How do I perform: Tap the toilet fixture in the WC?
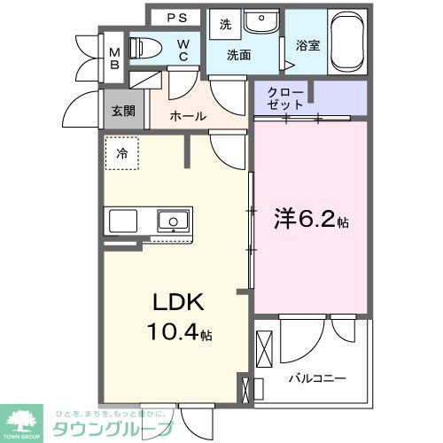pyautogui.click(x=144, y=49)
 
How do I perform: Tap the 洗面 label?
pyautogui.click(x=239, y=55)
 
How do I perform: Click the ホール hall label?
pyautogui.click(x=189, y=116)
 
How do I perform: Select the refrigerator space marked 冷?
pyautogui.click(x=122, y=153)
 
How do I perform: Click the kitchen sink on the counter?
pyautogui.click(x=172, y=221)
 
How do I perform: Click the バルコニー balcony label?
pyautogui.click(x=316, y=379)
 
